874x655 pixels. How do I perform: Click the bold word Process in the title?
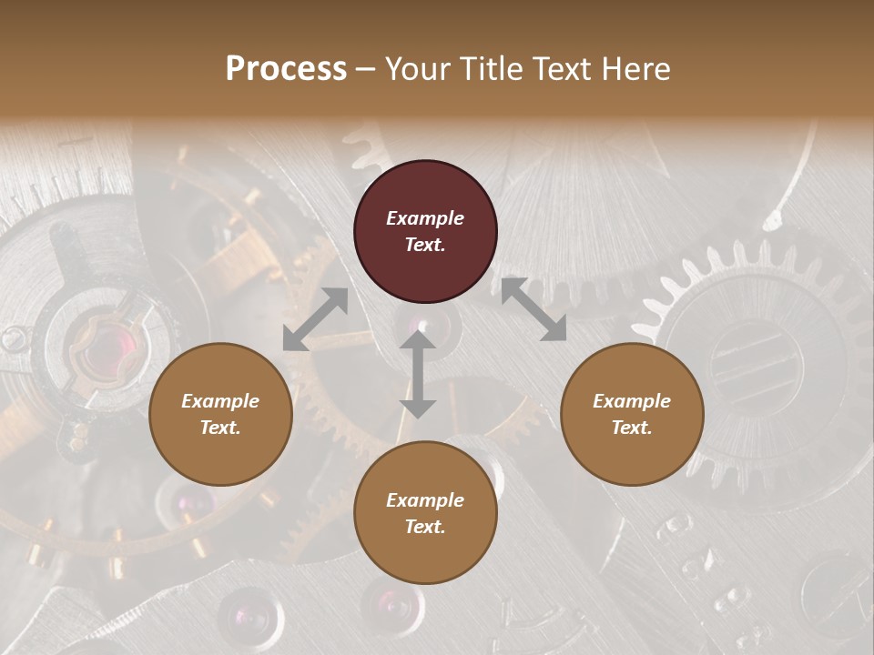(286, 69)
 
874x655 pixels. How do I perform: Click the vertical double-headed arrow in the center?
(418, 374)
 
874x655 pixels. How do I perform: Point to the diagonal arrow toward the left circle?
(315, 319)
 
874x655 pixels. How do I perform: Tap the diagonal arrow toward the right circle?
(534, 309)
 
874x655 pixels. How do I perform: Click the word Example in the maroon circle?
(425, 218)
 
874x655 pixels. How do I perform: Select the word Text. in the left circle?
(220, 428)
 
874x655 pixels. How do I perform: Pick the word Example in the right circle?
(632, 401)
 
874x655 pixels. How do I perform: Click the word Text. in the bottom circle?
(425, 527)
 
